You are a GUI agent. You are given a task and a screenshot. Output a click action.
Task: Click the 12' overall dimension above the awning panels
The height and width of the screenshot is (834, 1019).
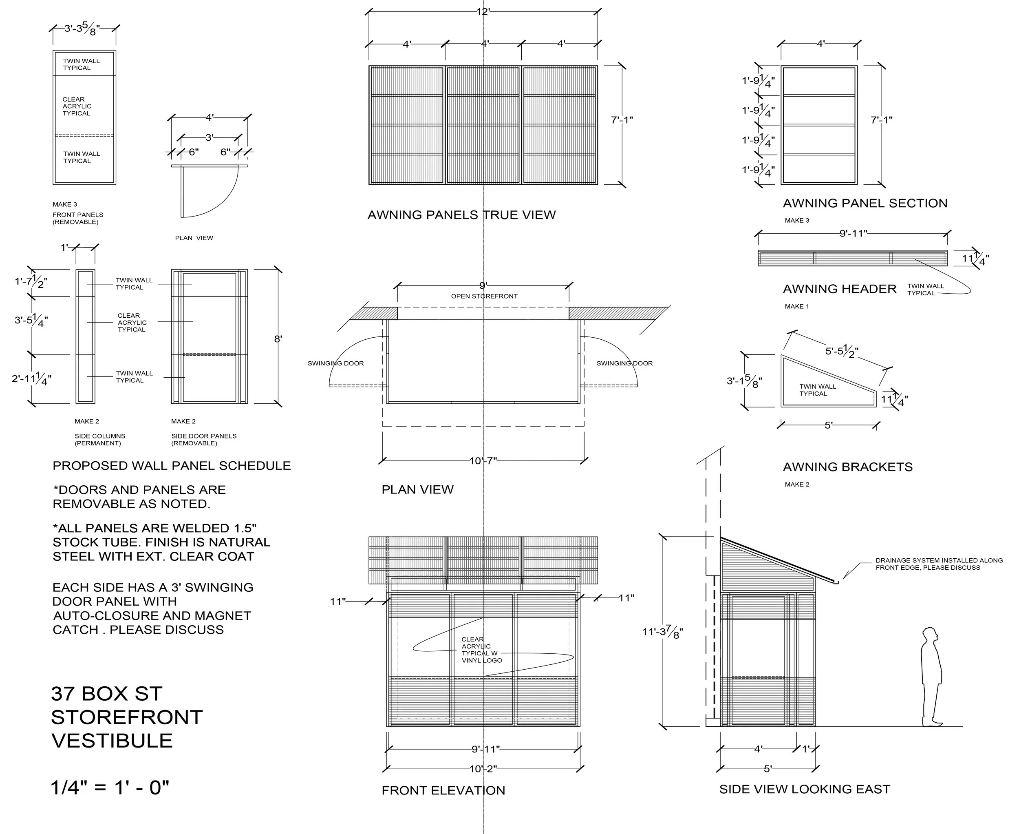(483, 11)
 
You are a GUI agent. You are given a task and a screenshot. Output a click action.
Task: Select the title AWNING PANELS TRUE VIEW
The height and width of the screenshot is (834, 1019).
(461, 215)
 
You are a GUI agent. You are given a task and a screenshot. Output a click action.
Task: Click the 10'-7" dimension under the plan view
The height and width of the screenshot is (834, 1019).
(483, 461)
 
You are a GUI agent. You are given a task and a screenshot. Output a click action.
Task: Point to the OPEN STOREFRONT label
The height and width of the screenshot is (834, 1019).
(484, 296)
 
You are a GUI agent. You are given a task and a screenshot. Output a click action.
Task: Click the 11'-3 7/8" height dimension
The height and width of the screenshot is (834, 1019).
(662, 632)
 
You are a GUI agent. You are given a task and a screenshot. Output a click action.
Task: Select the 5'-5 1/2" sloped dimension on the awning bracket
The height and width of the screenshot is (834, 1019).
(841, 352)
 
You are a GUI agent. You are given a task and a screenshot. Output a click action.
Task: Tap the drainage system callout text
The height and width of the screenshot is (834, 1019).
(938, 564)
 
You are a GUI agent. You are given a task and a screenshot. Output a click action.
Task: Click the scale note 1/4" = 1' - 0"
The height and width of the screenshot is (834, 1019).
(110, 788)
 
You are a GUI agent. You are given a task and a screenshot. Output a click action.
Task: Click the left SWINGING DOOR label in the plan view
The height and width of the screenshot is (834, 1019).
(336, 363)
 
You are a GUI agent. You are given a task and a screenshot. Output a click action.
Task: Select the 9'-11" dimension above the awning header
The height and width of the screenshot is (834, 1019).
(853, 234)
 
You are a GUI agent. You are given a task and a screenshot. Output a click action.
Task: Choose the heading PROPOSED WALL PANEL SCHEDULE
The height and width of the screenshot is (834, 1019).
(172, 465)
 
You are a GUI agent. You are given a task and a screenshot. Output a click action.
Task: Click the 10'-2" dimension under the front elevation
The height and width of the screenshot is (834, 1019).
(483, 769)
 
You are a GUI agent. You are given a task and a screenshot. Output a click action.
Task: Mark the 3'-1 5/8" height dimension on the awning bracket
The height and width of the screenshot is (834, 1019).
(744, 381)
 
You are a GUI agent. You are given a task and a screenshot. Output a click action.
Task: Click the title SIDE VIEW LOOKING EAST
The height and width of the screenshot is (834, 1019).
(804, 789)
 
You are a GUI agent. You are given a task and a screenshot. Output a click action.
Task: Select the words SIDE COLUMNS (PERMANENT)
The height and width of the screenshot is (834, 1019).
(100, 440)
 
